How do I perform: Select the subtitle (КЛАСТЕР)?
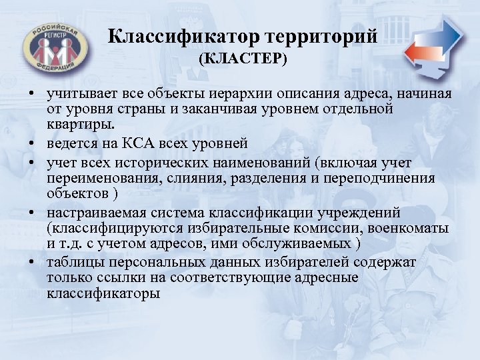coord(242,60)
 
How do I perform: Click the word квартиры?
coord(81,123)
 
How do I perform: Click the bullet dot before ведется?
coord(32,143)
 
